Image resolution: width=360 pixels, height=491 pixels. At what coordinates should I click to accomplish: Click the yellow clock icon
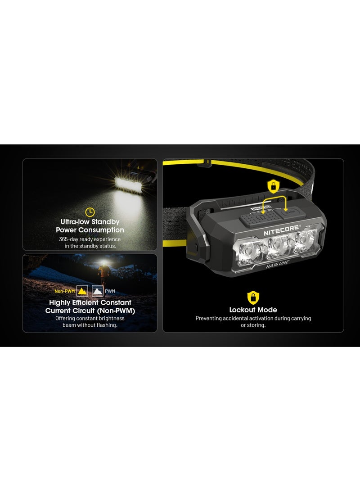pyautogui.click(x=90, y=212)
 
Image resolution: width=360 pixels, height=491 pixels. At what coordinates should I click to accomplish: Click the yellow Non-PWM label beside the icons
pyautogui.click(x=64, y=291)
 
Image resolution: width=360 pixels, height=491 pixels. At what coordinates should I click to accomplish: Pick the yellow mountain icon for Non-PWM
pyautogui.click(x=82, y=290)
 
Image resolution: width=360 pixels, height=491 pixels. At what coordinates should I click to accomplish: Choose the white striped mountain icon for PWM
pyautogui.click(x=97, y=290)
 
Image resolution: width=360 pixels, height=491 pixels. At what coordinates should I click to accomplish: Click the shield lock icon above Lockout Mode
pyautogui.click(x=253, y=297)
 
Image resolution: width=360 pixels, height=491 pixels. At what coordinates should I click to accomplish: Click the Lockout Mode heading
pyautogui.click(x=253, y=310)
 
